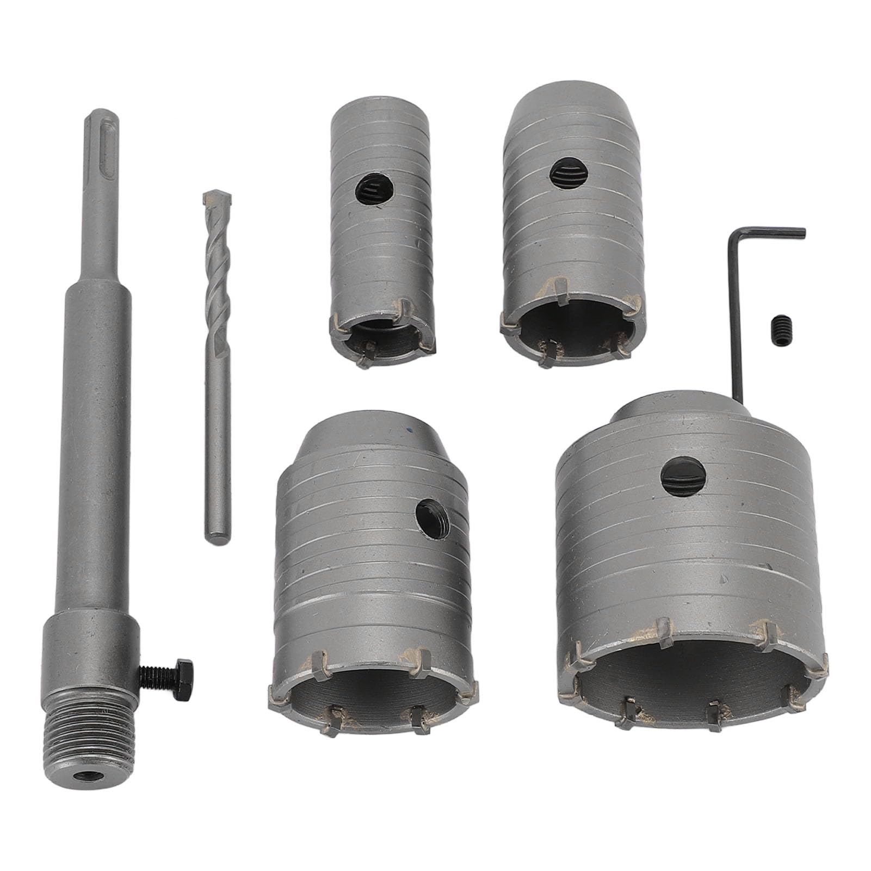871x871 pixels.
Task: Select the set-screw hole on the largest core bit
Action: [x=680, y=476]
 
